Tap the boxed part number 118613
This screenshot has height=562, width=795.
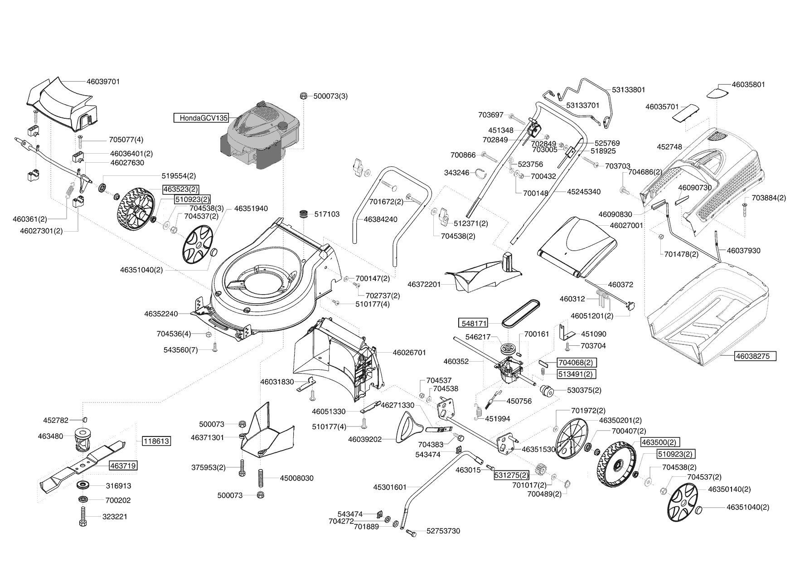pyautogui.click(x=156, y=441)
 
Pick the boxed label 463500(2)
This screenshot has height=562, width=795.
pyautogui.click(x=659, y=442)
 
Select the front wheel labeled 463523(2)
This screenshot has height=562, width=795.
pyautogui.click(x=135, y=210)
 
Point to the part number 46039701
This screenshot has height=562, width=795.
pyautogui.click(x=103, y=82)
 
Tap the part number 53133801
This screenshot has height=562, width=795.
pyautogui.click(x=628, y=90)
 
